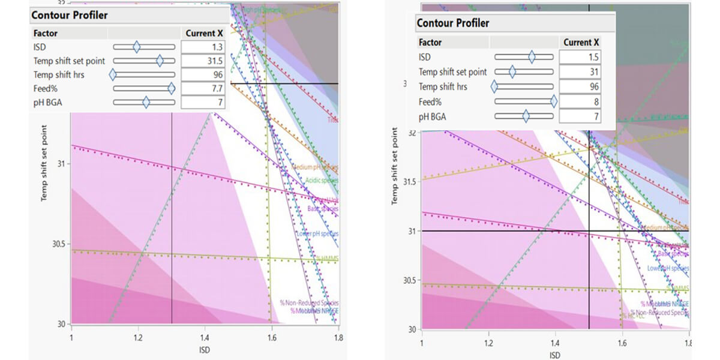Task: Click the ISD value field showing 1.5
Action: [x=580, y=56]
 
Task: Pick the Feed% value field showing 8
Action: [x=580, y=101]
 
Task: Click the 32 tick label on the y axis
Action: [x=412, y=132]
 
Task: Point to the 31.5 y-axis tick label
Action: [x=409, y=182]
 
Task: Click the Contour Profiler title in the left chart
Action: [x=69, y=14]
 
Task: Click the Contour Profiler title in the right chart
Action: [x=453, y=23]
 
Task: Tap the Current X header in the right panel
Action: [x=580, y=43]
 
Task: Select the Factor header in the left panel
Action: [x=46, y=33]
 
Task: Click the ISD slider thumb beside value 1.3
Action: [x=136, y=47]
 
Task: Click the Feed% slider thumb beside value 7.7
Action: [x=172, y=88]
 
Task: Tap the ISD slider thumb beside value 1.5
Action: [x=532, y=56]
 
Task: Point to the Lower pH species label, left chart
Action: [x=317, y=233]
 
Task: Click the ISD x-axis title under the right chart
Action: [x=555, y=355]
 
